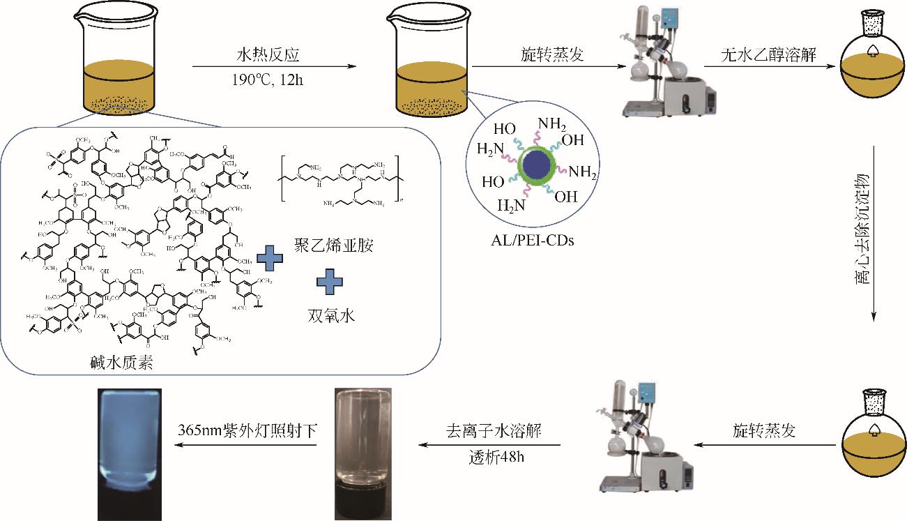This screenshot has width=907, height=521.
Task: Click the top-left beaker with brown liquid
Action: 119,66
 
